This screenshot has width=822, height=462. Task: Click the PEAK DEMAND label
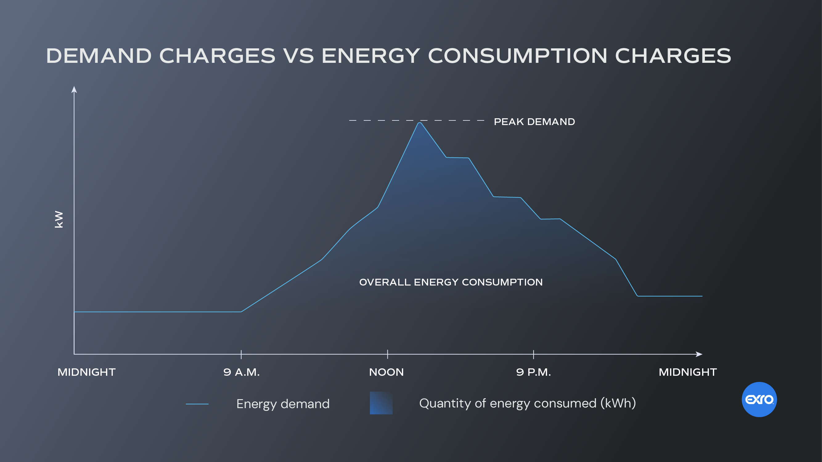point(534,122)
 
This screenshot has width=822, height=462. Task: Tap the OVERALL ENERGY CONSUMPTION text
point(451,282)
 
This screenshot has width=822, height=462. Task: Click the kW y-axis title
point(59,219)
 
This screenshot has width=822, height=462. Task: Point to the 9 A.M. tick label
point(242,372)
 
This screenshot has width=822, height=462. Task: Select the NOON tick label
point(386,372)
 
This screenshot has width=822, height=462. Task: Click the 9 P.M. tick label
point(533,372)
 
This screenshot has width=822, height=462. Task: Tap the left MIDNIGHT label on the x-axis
point(87,372)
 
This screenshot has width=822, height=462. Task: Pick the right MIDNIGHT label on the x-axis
point(688,372)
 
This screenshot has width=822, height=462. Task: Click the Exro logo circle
point(759,399)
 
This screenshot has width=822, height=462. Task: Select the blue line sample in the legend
point(197,404)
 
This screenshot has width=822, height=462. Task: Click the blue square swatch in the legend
point(381,403)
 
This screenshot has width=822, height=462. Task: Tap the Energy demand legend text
point(283,404)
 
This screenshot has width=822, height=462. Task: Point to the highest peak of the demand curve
point(420,123)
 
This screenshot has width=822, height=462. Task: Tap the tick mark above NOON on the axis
point(387,354)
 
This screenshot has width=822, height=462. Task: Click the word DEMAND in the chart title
point(99,56)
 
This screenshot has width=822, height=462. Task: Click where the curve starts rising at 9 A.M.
point(241,311)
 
